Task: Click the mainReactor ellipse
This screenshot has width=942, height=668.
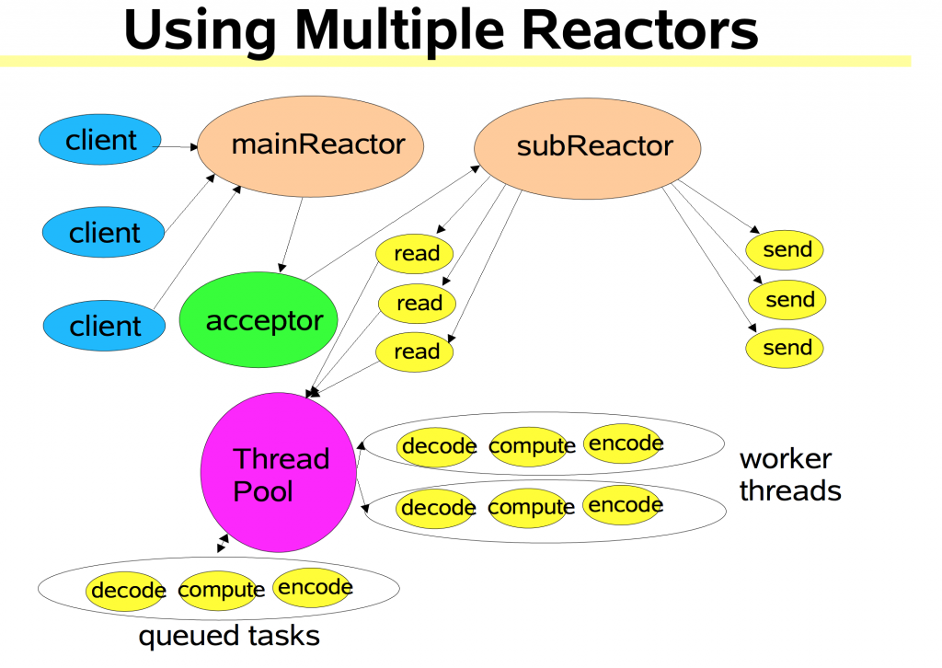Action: (x=310, y=146)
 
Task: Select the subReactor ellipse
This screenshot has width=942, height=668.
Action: (x=588, y=148)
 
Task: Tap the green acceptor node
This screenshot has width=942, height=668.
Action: (x=258, y=319)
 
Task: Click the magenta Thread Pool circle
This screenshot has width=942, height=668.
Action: (x=278, y=472)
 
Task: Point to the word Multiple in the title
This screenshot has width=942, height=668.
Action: (x=399, y=30)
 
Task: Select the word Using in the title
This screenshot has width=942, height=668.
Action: (x=200, y=31)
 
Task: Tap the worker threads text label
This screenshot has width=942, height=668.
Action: (x=790, y=475)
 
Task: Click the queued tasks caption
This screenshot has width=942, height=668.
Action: (x=229, y=636)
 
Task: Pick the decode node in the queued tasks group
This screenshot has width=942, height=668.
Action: (x=126, y=591)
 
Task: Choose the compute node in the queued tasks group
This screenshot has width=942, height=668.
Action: (x=220, y=591)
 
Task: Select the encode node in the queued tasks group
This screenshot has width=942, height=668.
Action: (x=313, y=587)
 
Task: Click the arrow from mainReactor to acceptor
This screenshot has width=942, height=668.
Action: (x=292, y=235)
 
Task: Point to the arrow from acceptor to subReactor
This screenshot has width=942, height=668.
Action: (x=392, y=223)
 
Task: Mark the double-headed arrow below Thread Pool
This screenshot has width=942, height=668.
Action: (x=223, y=543)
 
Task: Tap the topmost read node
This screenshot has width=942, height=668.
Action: (x=415, y=254)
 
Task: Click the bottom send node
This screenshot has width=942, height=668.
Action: (x=785, y=348)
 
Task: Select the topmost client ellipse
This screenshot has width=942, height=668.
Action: (x=100, y=139)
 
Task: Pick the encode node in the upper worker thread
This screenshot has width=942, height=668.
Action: (x=625, y=443)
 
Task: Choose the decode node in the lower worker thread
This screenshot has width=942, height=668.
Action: (x=437, y=508)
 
